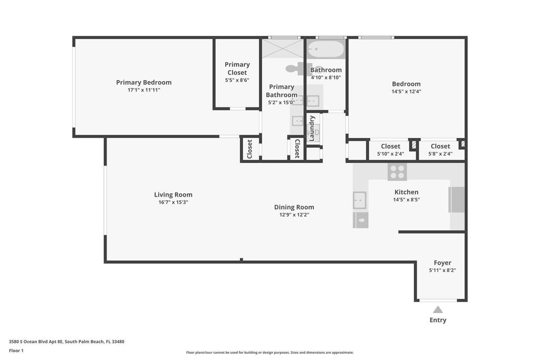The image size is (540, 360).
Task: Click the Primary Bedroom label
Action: click(143, 82)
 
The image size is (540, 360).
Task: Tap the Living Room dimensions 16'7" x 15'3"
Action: click(173, 202)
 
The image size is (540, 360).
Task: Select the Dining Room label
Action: click(294, 207)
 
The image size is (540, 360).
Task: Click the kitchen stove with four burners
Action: click(397, 172)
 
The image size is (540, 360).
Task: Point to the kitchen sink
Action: click(360, 200)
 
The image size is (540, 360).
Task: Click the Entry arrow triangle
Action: click(438, 309)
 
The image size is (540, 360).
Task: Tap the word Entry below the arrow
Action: click(438, 320)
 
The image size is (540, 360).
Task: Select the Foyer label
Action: click(442, 262)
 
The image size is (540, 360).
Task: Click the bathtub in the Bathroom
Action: click(326, 50)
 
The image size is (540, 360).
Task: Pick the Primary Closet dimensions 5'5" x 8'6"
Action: click(237, 80)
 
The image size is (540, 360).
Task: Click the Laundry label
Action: click(312, 129)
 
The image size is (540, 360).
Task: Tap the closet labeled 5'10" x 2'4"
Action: click(391, 150)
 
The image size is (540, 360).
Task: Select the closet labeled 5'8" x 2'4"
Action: click(440, 150)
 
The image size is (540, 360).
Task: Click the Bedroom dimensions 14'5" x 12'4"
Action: click(406, 92)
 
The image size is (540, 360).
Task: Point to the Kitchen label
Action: click(407, 192)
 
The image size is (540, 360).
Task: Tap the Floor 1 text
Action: click(16, 351)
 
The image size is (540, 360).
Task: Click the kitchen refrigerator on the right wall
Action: click(457, 200)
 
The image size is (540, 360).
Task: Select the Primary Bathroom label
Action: click(282, 91)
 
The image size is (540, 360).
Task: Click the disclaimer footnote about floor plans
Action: click(269, 353)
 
